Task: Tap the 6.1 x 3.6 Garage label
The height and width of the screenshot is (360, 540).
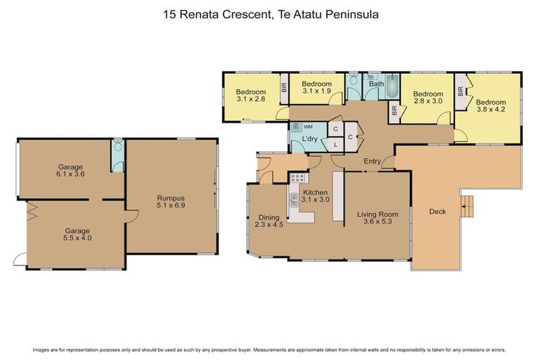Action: [x=71, y=170]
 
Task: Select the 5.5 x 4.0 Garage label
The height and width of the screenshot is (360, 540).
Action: [x=77, y=234]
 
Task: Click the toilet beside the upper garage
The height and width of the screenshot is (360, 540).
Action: [x=118, y=149]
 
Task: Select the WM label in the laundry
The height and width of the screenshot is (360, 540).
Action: [x=308, y=127]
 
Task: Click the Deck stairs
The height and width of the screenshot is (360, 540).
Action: [x=466, y=206]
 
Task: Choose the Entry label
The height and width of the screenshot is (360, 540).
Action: [x=372, y=162]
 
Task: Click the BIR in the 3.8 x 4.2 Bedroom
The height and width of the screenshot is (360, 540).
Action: [x=461, y=91]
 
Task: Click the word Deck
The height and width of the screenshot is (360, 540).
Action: [x=437, y=211]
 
